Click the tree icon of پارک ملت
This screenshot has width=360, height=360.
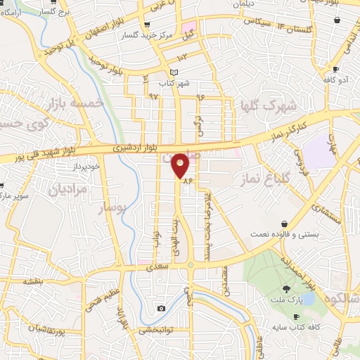286,288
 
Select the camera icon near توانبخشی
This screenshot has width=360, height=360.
161,309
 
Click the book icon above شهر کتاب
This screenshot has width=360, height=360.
174,72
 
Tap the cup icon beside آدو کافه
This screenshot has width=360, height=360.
336,69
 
